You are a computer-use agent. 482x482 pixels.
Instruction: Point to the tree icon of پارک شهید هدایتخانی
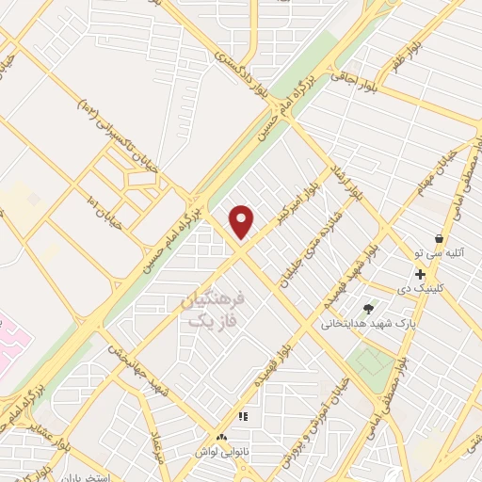[x=368, y=308]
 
